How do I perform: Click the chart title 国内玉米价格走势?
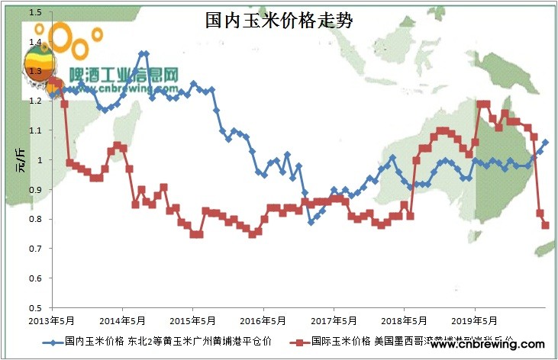(279, 20)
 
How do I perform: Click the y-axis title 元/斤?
(20, 160)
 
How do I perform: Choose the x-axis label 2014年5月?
(123, 320)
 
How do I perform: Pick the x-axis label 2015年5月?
(193, 320)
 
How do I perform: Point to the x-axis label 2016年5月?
(263, 320)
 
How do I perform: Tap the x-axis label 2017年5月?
(334, 320)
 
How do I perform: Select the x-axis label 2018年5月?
(404, 320)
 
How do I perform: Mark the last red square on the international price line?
(546, 225)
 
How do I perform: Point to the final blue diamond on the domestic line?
(545, 142)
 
